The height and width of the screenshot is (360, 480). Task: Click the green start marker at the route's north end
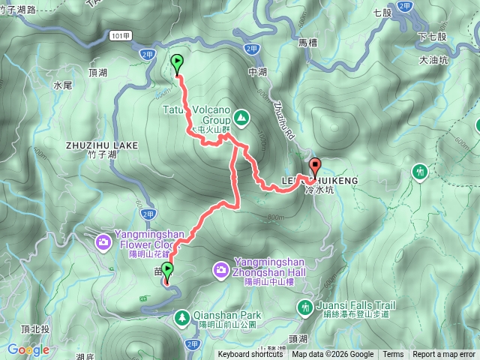pos(178,63)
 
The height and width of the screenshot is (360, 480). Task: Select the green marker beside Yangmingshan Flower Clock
pos(167,271)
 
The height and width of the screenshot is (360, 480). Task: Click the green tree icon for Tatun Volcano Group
pos(241,117)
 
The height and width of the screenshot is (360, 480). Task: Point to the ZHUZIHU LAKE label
pos(101,145)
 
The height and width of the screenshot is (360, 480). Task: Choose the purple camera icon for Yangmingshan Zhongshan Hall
pos(220,268)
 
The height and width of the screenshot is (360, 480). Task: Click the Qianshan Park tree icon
pos(182,317)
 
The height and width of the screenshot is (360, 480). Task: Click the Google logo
pos(28,349)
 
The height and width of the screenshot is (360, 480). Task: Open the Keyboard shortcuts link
pos(250,355)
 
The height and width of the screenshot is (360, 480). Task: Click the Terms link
pos(392,355)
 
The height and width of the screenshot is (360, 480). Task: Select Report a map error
pos(444,355)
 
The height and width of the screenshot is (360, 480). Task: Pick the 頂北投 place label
pos(35,329)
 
